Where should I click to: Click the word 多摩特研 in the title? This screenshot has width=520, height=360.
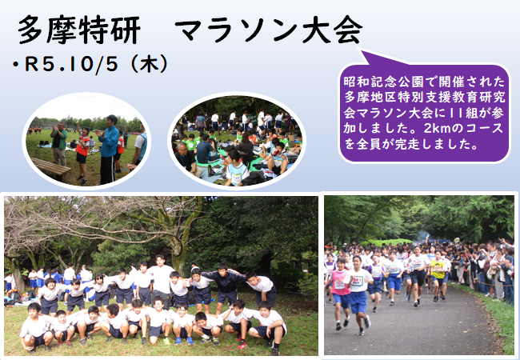coord(79,30)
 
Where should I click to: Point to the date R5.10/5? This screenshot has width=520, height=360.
coord(71,64)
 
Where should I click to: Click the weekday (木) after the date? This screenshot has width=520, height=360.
coord(149,64)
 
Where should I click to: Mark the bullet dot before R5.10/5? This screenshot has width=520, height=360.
coord(15,64)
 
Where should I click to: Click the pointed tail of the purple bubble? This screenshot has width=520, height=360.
coord(361,50)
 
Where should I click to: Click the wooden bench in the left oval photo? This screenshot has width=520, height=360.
coord(51,167)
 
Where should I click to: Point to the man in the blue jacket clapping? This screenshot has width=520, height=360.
coord(108,149)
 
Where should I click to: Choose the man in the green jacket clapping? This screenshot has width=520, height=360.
coord(59,144)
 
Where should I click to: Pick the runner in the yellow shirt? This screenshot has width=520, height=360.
coord(438,276)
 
